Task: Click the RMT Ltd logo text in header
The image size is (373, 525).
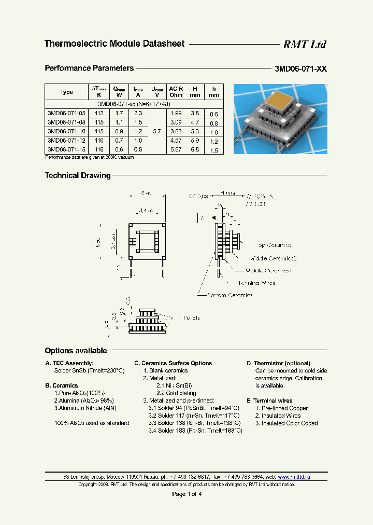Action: [x=304, y=45]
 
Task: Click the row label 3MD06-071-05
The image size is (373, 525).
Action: [x=66, y=113]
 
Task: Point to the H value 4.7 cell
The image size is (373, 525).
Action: [x=195, y=122]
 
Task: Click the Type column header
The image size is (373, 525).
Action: [x=66, y=92]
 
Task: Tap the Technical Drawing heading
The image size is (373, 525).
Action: [x=78, y=175]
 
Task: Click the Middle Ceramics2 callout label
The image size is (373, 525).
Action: [x=272, y=258]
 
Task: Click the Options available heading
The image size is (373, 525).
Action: [x=76, y=351]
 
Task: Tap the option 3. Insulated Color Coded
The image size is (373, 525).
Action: [x=286, y=423]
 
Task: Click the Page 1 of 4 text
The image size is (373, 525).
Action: [x=187, y=494]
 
